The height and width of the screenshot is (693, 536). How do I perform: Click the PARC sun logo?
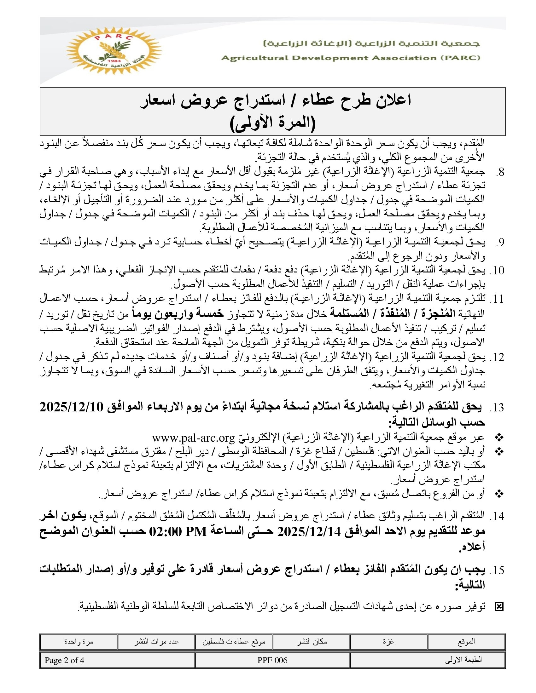click(114, 51)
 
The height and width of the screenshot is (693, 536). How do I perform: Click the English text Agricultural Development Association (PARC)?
click(351, 58)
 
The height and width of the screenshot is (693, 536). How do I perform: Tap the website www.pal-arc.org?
click(193, 438)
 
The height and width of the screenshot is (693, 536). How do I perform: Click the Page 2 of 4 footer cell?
click(64, 660)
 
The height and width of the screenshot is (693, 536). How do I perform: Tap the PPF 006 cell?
click(272, 660)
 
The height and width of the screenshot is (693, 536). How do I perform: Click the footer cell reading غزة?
click(389, 642)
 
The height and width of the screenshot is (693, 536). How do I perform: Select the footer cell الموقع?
click(466, 642)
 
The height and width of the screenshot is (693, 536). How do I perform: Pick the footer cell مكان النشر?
click(312, 642)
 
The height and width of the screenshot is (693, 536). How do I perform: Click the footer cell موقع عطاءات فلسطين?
click(234, 642)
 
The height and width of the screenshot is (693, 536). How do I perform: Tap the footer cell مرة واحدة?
click(79, 642)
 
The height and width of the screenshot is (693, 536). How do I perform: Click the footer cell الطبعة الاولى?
click(464, 660)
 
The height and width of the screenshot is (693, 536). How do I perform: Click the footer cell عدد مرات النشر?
click(156, 642)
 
